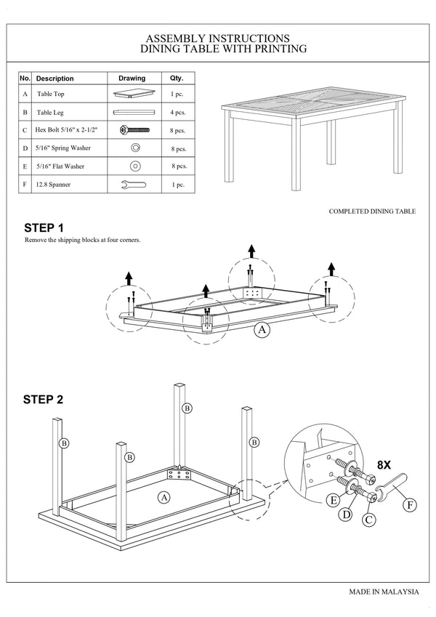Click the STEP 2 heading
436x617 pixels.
pos(44,399)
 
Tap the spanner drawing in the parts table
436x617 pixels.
pos(133,185)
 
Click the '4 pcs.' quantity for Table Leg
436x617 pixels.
pos(177,113)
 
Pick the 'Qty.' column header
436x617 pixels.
pos(177,78)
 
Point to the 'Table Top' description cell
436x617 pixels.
pos(50,94)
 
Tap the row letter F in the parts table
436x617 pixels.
pos(25,185)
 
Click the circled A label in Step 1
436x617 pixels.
pos(262,330)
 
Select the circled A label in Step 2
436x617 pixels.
pos(164,497)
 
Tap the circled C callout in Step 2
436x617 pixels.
pos(368,519)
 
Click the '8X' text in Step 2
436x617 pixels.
pos(385,463)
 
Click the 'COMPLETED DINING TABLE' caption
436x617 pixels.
pos(372,211)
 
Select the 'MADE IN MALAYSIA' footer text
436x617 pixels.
pos(384,592)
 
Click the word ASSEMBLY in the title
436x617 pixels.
pos(178,38)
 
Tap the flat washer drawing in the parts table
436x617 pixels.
pos(134,166)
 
